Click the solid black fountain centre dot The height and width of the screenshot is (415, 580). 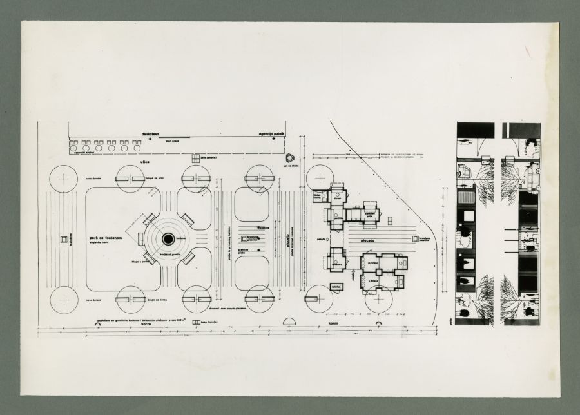point(168,239)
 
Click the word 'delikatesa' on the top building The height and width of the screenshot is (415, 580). point(153,135)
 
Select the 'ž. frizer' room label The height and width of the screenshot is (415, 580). point(372,281)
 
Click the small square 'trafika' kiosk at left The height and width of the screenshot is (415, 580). point(64,240)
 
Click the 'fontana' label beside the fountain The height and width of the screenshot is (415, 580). point(181,238)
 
